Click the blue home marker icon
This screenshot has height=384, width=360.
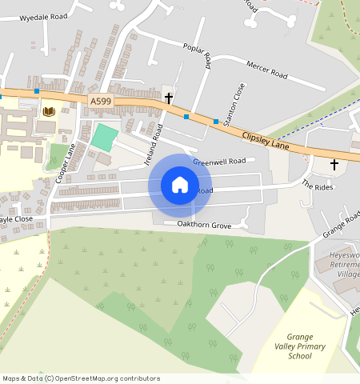click(x=180, y=185)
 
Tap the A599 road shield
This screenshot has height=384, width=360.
click(x=101, y=101)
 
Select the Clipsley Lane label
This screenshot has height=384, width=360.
click(x=265, y=140)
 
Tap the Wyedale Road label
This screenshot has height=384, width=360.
click(x=43, y=17)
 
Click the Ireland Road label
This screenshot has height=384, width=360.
click(x=154, y=144)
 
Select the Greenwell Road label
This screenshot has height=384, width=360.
click(x=218, y=161)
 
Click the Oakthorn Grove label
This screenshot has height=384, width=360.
click(x=203, y=226)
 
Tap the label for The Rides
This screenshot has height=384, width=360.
click(x=316, y=185)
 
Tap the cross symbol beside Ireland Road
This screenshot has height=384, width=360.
click(x=169, y=98)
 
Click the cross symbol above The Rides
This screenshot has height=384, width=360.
click(x=334, y=165)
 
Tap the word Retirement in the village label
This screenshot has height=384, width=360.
click(x=344, y=262)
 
